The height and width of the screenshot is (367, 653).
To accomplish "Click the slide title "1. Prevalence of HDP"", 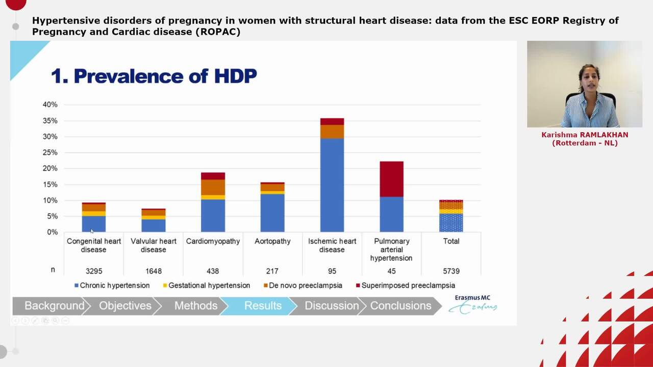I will (x=154, y=76).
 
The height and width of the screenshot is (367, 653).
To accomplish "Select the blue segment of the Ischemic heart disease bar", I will (x=332, y=185).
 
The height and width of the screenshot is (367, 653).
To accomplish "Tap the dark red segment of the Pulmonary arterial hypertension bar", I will (x=391, y=179).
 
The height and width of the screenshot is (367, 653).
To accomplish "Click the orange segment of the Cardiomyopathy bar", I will (x=213, y=187).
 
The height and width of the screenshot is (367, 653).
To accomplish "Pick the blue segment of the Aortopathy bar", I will (x=272, y=213).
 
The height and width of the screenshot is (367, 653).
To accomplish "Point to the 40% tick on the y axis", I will (x=50, y=104).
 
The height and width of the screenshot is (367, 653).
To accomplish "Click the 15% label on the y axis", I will (x=50, y=185).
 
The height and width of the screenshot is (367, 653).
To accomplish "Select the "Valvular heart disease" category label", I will (x=153, y=245).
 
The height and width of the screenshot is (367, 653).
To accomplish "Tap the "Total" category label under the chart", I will (x=451, y=241).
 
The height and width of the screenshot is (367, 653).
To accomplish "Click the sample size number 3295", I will (x=93, y=271).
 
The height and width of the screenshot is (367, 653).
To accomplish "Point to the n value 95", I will (x=332, y=271).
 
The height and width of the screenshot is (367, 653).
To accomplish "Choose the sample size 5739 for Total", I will (x=451, y=271).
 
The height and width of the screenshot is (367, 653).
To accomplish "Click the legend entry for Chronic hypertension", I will (x=112, y=285).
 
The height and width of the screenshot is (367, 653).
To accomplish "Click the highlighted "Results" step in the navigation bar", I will (x=263, y=306).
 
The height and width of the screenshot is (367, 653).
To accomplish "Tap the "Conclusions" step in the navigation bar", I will (x=400, y=306).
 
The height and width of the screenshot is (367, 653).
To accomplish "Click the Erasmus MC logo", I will (x=473, y=304).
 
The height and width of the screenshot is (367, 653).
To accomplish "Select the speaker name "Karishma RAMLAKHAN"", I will (x=585, y=135).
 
